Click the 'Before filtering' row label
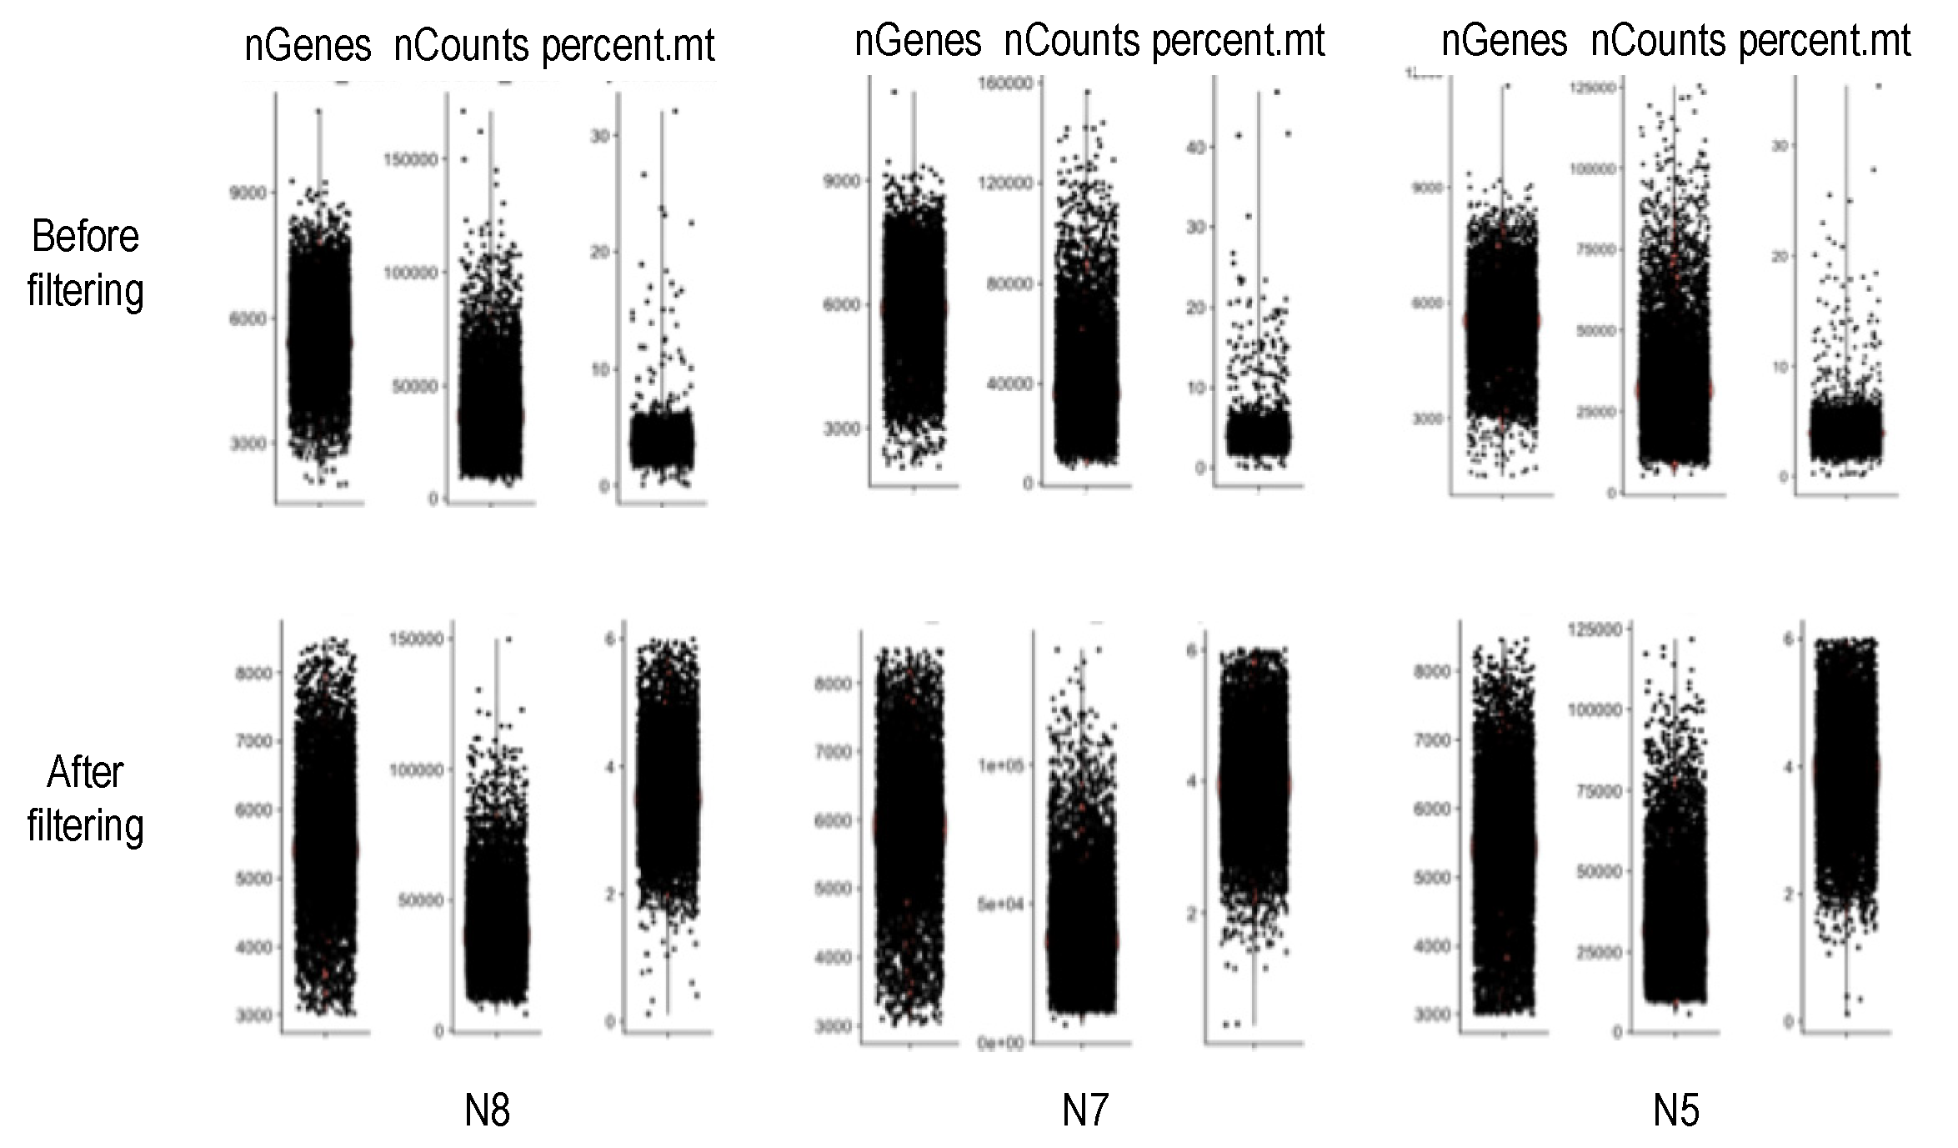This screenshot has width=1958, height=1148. (x=85, y=263)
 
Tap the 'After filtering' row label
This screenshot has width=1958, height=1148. (x=85, y=798)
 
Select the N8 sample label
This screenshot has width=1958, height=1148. (x=487, y=1110)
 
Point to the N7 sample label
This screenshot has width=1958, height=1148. (x=1085, y=1110)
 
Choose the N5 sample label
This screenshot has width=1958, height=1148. (x=1675, y=1110)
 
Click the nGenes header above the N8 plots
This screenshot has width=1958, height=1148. (x=308, y=45)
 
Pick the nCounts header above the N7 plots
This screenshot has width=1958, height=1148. (x=1071, y=42)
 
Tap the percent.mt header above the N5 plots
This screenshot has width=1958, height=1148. (x=1825, y=42)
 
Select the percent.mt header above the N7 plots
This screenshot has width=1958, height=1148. (x=1239, y=42)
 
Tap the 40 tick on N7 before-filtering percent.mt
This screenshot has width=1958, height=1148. (x=1195, y=148)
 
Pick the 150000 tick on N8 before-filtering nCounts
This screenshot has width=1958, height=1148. (x=410, y=159)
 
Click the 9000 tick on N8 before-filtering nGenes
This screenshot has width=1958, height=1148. (x=248, y=193)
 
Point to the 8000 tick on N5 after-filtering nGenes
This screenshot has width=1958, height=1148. (x=1432, y=671)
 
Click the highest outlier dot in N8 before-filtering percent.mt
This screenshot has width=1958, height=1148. (x=675, y=111)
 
